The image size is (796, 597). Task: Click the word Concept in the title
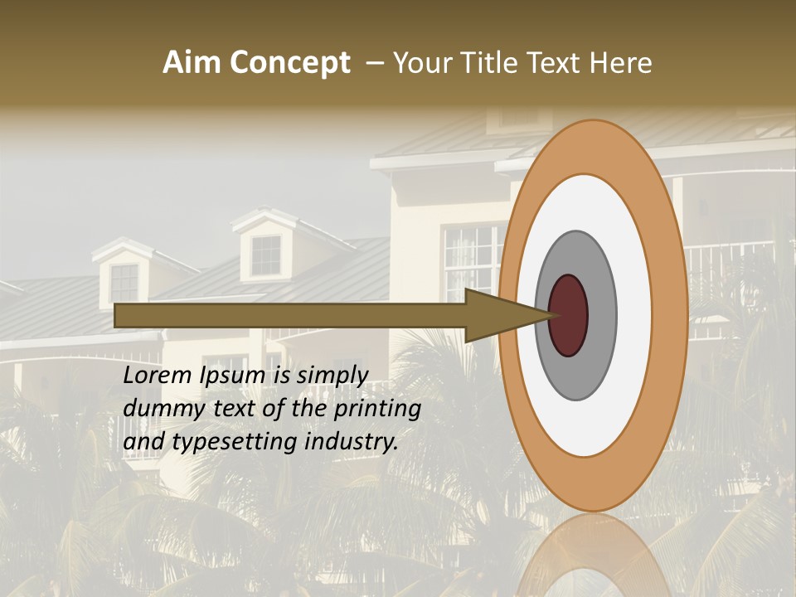tap(289, 63)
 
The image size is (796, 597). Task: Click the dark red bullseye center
tap(568, 316)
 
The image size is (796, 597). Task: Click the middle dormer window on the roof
tap(266, 255)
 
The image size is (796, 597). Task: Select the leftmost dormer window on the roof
tap(124, 283)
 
